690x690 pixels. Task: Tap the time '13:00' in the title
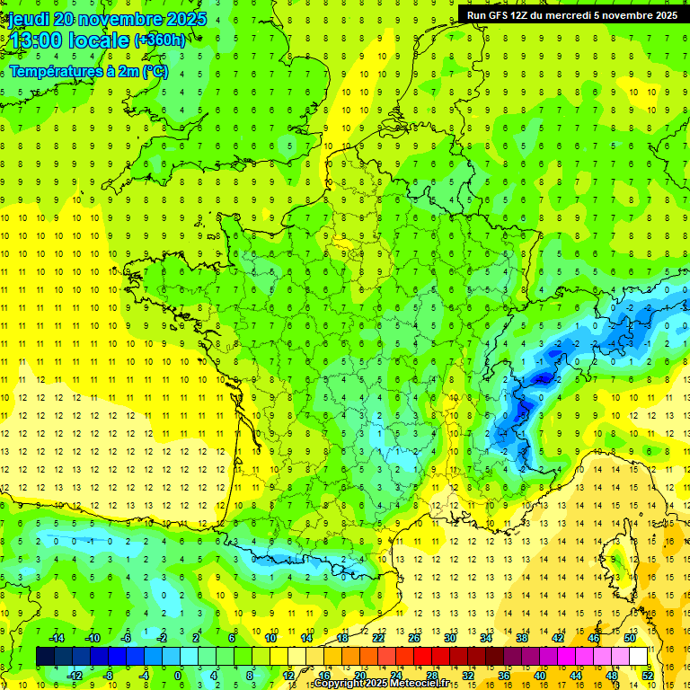coord(35,40)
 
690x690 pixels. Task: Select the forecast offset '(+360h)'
coord(160,40)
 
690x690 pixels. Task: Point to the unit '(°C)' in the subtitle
coord(154,71)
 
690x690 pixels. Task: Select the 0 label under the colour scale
coord(178,675)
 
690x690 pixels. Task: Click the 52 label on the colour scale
coord(647,675)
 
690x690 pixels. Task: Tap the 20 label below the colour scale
coord(359,675)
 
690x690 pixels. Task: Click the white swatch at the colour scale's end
coord(638,656)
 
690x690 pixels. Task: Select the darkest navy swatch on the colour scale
coord(45,656)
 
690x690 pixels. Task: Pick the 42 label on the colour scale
coord(558,638)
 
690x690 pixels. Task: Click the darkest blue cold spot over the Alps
coord(542,379)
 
